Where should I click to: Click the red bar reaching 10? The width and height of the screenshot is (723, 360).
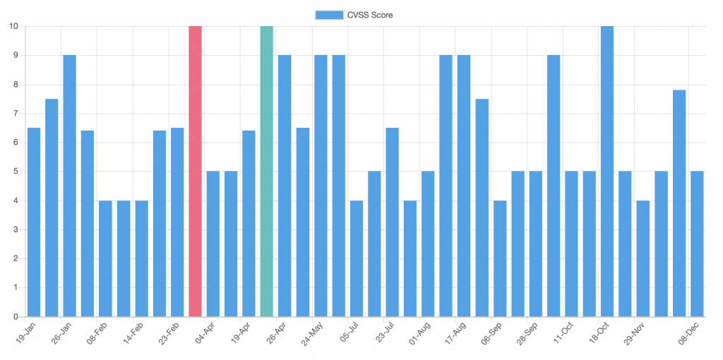click(x=195, y=172)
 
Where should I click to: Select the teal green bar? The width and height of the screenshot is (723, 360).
click(x=266, y=172)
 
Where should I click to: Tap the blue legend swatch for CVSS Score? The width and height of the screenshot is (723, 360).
click(x=329, y=16)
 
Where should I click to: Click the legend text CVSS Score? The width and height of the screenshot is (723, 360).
click(x=370, y=16)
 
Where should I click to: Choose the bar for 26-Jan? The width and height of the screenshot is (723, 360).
click(x=70, y=186)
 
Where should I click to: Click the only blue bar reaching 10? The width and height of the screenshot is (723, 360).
click(x=607, y=172)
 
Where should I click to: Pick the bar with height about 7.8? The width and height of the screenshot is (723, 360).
click(x=679, y=203)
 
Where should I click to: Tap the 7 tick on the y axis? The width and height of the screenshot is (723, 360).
click(x=16, y=114)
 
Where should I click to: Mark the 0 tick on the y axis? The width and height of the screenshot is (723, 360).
click(x=16, y=317)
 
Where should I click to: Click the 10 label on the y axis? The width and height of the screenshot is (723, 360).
click(x=13, y=26)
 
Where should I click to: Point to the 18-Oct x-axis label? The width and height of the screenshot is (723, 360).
click(x=597, y=332)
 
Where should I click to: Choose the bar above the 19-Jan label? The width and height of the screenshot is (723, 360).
click(x=34, y=222)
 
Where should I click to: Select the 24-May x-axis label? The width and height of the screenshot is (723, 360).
click(x=311, y=332)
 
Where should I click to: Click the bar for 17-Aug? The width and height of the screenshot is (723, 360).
click(x=465, y=186)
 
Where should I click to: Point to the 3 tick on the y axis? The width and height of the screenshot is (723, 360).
click(x=16, y=229)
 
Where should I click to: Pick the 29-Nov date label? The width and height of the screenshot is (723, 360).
click(x=633, y=332)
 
